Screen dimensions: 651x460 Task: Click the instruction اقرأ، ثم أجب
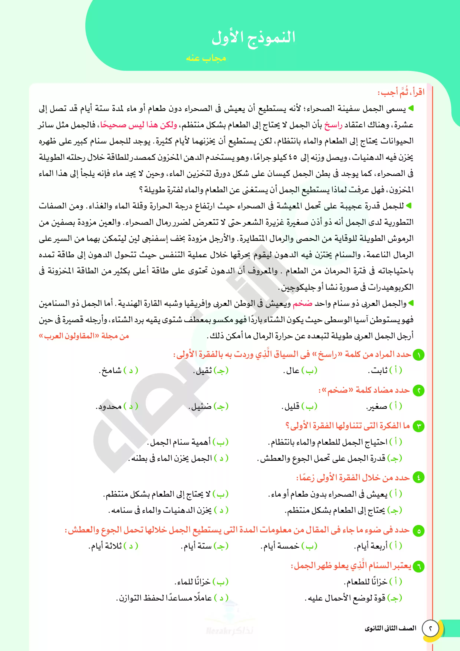pyautogui.click(x=401, y=92)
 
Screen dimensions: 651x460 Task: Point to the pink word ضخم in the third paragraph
pyautogui.click(x=302, y=304)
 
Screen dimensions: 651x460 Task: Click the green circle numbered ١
pyautogui.click(x=418, y=355)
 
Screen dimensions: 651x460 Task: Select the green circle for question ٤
pyautogui.click(x=418, y=477)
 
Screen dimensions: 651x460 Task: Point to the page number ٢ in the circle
pyautogui.click(x=430, y=628)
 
